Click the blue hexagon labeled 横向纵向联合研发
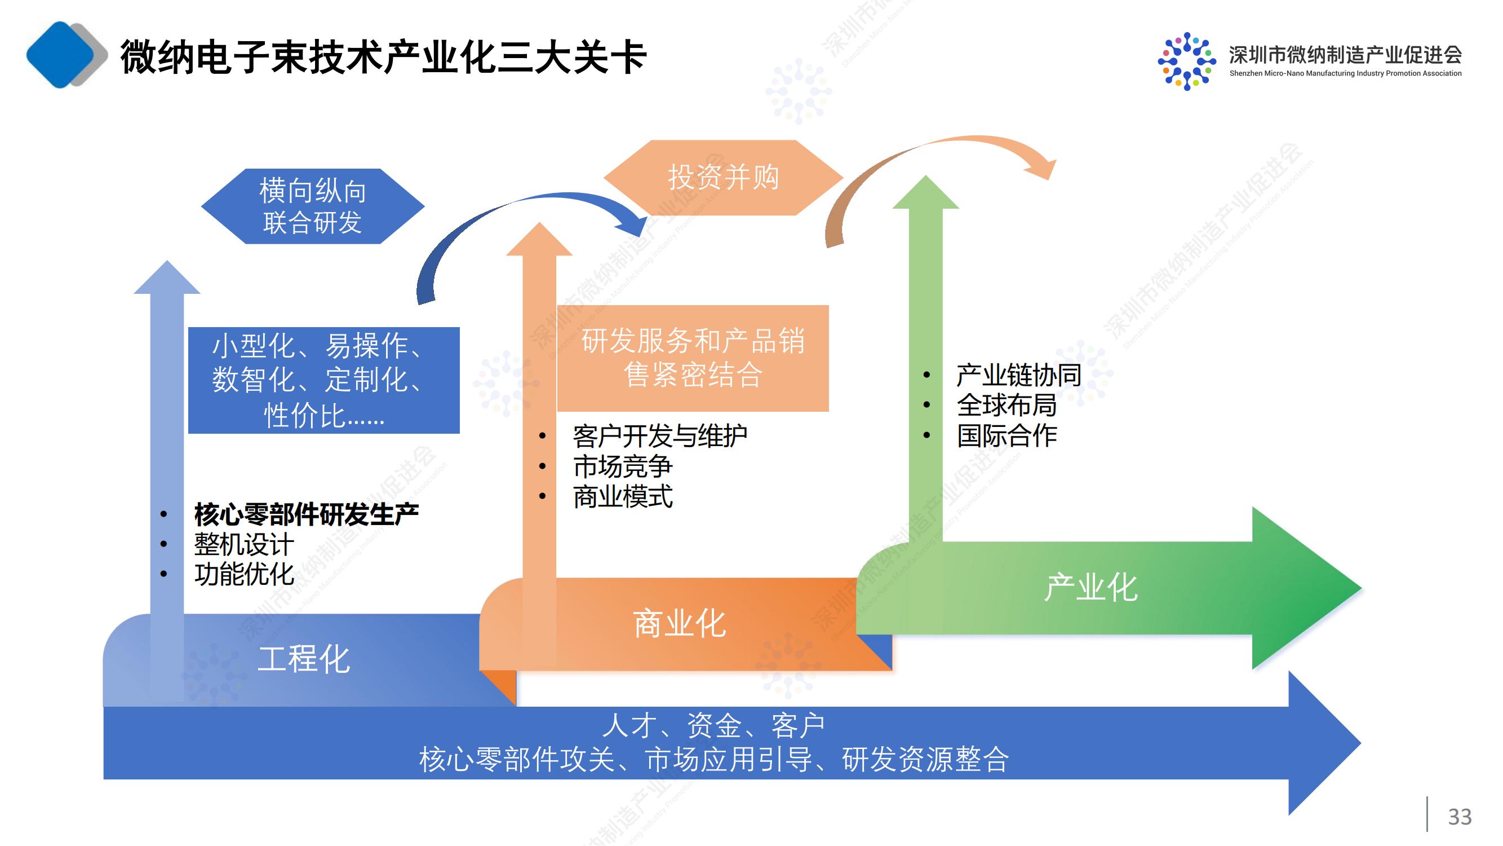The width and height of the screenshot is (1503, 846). [x=313, y=206]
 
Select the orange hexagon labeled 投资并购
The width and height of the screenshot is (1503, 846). [x=723, y=178]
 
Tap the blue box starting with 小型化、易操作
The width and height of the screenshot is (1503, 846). [x=324, y=380]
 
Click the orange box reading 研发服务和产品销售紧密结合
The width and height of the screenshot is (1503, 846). [x=693, y=358]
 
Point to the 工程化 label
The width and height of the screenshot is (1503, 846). [x=303, y=660]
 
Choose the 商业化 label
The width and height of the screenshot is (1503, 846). [x=680, y=624]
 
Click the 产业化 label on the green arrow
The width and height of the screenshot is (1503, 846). [x=1090, y=587]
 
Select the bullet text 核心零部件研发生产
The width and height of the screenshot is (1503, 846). [x=307, y=514]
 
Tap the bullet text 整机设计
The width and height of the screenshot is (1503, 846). [x=244, y=545]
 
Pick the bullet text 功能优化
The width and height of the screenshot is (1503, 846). [x=244, y=575]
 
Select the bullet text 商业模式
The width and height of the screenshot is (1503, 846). [x=623, y=497]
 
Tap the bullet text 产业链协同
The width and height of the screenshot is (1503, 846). [x=1019, y=375]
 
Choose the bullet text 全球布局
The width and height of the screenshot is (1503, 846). [x=1007, y=405]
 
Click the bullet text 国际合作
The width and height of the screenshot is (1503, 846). [x=1007, y=435]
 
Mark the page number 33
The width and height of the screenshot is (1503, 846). [x=1459, y=817]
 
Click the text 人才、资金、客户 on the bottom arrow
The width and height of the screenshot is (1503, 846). [x=713, y=726]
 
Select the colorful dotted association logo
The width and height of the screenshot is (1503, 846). [x=1186, y=61]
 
